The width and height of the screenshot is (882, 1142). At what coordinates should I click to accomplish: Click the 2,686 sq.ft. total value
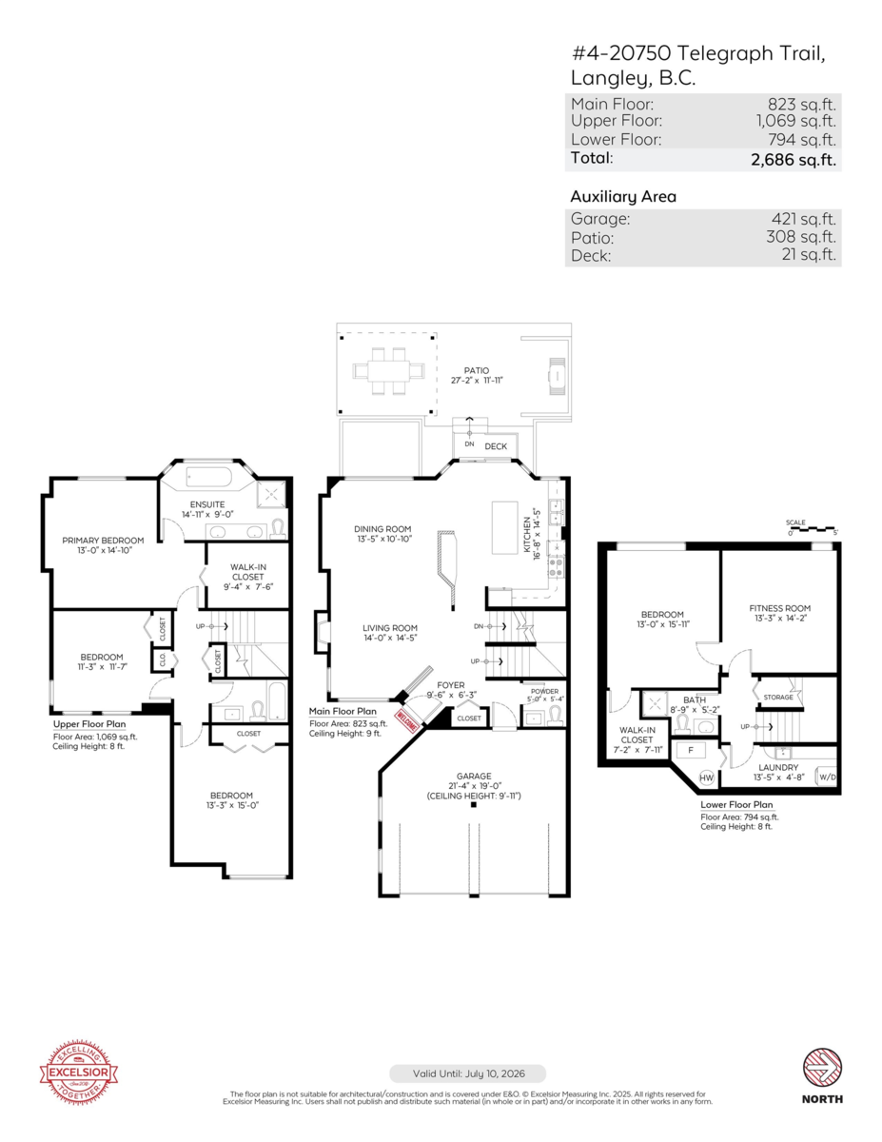coord(794,160)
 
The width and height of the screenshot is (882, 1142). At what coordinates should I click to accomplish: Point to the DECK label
coord(496,445)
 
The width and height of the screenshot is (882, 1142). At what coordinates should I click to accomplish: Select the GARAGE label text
coord(473,777)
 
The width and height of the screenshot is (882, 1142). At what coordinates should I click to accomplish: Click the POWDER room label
coord(544,692)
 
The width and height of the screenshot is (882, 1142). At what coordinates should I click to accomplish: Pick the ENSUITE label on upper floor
coord(206,503)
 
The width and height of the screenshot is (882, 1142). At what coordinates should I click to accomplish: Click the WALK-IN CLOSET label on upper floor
coord(247,571)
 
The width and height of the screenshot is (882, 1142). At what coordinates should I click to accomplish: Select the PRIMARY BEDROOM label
coord(104,541)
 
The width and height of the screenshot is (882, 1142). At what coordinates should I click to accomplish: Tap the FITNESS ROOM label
coord(779,608)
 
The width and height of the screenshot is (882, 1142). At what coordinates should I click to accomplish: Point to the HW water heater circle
coord(707,777)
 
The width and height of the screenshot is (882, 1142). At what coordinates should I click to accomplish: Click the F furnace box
coord(689,750)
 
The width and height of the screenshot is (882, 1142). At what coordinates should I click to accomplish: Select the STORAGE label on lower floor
coord(777,698)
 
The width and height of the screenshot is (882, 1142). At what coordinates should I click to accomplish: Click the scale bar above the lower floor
coord(811,528)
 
